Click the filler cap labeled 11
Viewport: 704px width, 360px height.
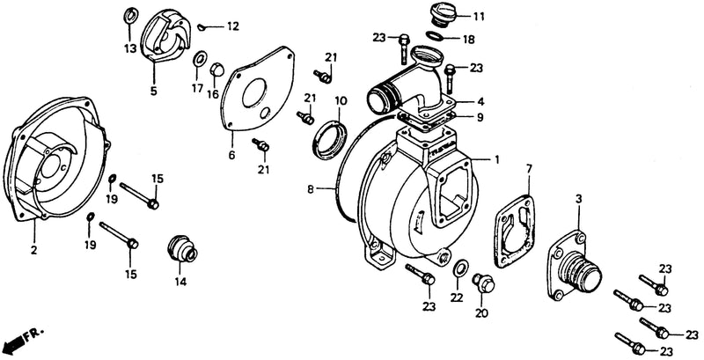click(444, 14)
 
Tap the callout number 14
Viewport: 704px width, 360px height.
click(180, 282)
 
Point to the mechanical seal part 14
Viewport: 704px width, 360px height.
click(181, 249)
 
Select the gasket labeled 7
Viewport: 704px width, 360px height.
click(514, 231)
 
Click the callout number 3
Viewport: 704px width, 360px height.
click(579, 198)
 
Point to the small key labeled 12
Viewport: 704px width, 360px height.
click(203, 28)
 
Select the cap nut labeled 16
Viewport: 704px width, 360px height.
click(216, 70)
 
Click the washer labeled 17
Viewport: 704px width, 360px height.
click(200, 60)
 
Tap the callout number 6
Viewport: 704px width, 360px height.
click(231, 155)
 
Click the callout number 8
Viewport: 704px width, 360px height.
click(311, 189)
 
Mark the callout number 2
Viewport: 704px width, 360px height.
click(33, 250)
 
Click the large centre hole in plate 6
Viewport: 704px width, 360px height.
click(254, 93)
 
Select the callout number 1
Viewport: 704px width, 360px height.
click(496, 159)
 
